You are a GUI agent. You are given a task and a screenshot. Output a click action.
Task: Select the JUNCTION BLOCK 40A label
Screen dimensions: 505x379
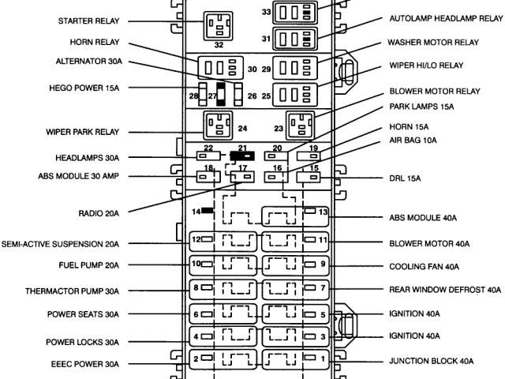click(x=432, y=361)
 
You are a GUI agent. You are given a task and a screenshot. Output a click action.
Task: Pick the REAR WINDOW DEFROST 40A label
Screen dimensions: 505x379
click(x=446, y=290)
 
